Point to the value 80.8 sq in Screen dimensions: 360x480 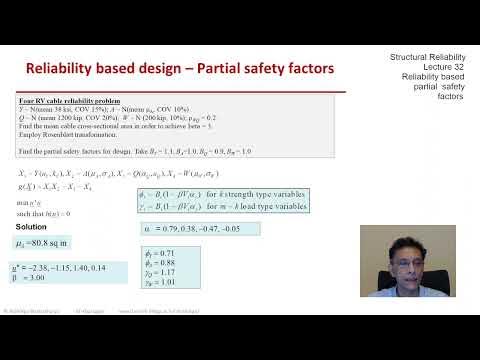point(54,241)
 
